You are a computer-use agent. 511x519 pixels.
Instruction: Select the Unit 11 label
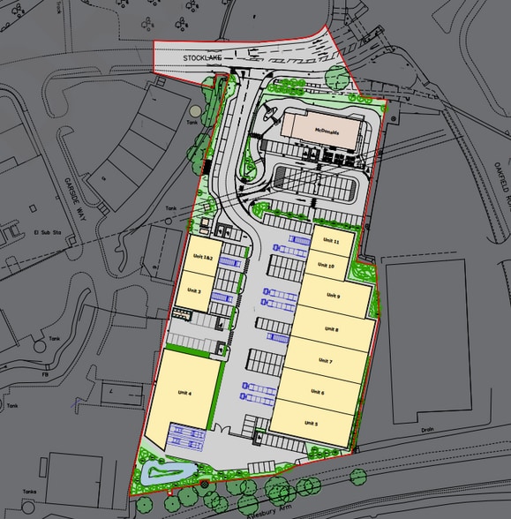point(331,241)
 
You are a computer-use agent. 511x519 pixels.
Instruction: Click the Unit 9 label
point(332,296)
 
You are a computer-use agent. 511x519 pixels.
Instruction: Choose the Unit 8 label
point(331,328)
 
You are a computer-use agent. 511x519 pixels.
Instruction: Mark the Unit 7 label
point(325,362)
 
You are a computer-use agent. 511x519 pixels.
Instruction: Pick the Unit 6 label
point(317,393)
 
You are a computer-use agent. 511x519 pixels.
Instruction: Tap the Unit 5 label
point(311,424)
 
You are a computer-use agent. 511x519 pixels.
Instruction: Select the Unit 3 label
point(194,290)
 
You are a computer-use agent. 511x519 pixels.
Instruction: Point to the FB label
point(43,373)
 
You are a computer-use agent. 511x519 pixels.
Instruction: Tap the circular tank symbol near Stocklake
point(194,111)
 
